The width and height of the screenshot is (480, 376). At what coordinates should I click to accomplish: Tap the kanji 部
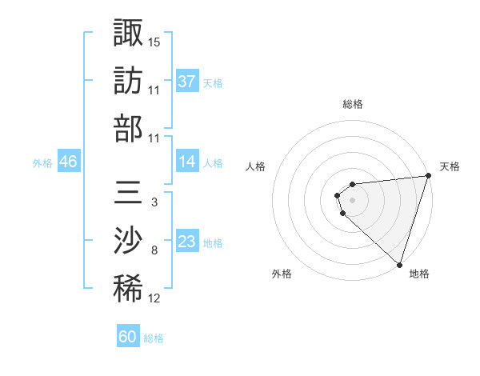tap(128, 128)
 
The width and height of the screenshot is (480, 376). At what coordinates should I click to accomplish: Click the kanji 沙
tap(128, 241)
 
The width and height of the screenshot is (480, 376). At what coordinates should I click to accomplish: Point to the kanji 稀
tap(128, 290)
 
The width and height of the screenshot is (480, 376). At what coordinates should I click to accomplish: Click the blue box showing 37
tap(187, 81)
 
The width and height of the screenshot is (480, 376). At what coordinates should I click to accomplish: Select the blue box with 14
tap(187, 162)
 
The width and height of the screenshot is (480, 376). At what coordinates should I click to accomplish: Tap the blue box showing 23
tap(187, 242)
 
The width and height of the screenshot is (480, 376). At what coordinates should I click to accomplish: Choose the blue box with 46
tap(68, 162)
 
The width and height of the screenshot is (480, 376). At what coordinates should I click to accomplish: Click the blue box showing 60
tap(128, 337)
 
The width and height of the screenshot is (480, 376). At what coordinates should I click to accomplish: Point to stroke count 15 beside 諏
tap(154, 41)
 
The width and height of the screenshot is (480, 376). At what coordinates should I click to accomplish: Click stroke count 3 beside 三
tap(154, 202)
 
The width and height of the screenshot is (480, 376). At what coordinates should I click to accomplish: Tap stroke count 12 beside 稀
tap(154, 299)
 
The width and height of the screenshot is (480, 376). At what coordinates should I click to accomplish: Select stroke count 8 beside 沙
tap(154, 250)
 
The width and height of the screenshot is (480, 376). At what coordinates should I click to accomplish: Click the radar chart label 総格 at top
tap(352, 104)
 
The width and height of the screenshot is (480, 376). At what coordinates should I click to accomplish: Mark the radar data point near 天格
tap(428, 176)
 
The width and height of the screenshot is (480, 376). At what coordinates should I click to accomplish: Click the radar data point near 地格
tap(399, 264)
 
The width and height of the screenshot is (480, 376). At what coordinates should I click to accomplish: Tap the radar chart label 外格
tap(282, 274)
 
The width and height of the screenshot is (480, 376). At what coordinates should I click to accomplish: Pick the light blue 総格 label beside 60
tap(154, 338)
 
